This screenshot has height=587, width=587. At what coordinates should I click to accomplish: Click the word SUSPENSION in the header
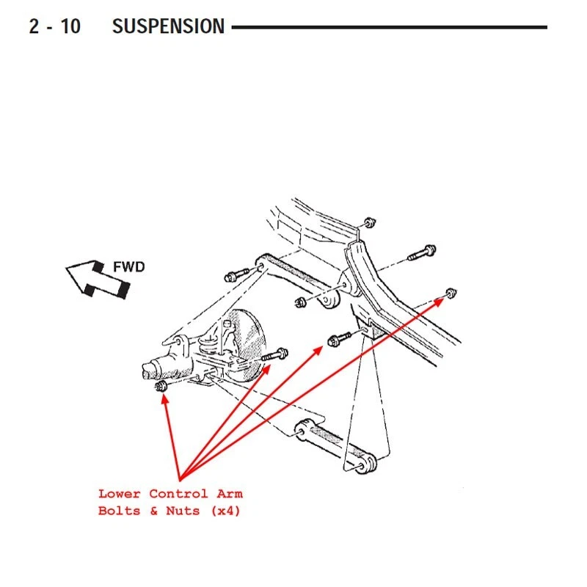click(x=168, y=27)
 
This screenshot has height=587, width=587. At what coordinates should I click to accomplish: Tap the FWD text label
click(x=128, y=267)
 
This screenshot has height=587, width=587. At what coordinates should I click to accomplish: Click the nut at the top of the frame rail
click(x=370, y=222)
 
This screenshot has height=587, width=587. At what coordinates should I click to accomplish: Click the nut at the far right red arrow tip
click(x=451, y=293)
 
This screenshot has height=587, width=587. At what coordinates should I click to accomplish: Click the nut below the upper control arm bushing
click(x=299, y=302)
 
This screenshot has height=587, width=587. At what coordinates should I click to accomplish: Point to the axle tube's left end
click(x=147, y=369)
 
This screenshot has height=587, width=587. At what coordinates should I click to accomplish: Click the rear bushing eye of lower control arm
click(x=365, y=463)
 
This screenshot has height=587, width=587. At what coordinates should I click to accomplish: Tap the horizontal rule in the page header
click(x=389, y=27)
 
